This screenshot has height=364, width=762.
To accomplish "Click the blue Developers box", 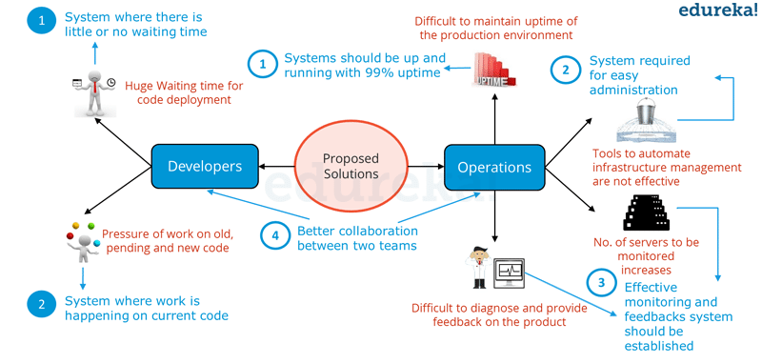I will pos(205,167).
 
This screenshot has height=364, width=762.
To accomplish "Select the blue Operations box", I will pos(494,168).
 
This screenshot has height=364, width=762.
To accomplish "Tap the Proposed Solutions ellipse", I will pos(351,167).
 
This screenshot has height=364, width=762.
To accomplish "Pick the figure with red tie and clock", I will pos(94,88).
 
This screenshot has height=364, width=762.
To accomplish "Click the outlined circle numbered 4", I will pos(275,236).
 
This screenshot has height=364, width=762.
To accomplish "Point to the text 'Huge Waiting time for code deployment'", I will pos(183,93).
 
